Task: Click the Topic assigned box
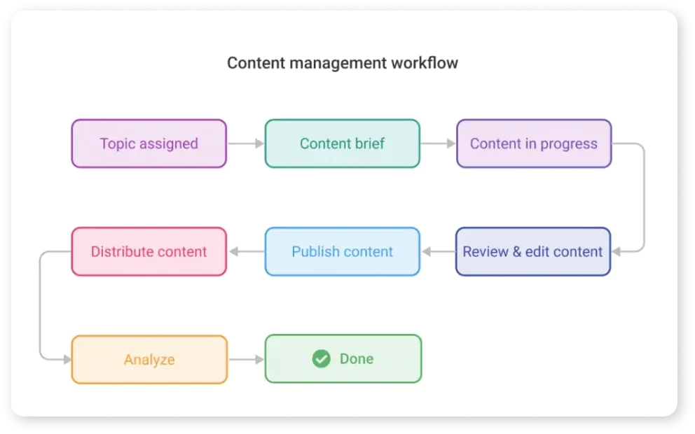click(149, 143)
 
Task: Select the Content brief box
click(342, 143)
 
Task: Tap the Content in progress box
click(534, 143)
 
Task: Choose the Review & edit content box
click(532, 251)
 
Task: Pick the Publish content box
click(342, 251)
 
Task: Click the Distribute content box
click(149, 251)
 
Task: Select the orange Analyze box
click(149, 360)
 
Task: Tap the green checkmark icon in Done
click(321, 359)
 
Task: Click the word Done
click(357, 359)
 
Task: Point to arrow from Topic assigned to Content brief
click(245, 143)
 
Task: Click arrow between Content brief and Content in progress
click(438, 143)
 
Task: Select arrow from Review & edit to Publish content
click(438, 251)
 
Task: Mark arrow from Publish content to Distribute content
click(245, 251)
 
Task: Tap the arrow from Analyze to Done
click(245, 360)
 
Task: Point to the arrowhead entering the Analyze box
click(67, 360)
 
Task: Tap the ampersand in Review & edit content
click(517, 251)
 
